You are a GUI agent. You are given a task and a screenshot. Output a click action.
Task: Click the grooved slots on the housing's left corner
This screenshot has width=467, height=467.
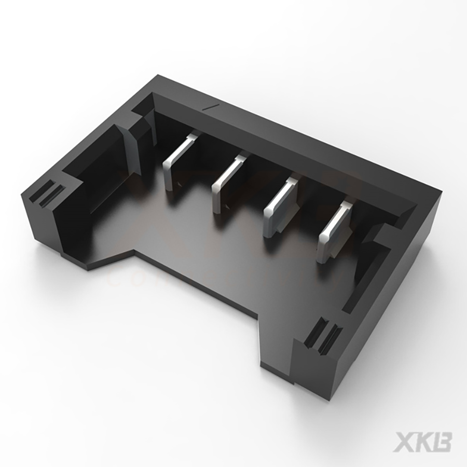(47, 192)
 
